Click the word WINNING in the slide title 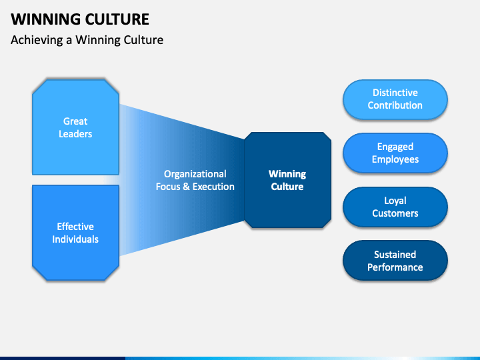pyautogui.click(x=45, y=19)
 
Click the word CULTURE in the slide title pyautogui.click(x=117, y=19)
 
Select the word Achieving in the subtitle pyautogui.click(x=37, y=40)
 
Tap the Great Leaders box pyautogui.click(x=75, y=127)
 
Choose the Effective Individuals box pyautogui.click(x=75, y=233)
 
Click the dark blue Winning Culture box pyautogui.click(x=287, y=180)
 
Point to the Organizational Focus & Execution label pyautogui.click(x=195, y=180)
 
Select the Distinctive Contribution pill pyautogui.click(x=395, y=99)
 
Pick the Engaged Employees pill pyautogui.click(x=395, y=153)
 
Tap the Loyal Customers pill pyautogui.click(x=395, y=207)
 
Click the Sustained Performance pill pyautogui.click(x=395, y=261)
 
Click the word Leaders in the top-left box pyautogui.click(x=75, y=134)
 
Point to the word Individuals pyautogui.click(x=75, y=239)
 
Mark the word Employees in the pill pyautogui.click(x=395, y=160)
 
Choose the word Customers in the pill pyautogui.click(x=395, y=213)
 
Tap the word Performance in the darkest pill pyautogui.click(x=395, y=267)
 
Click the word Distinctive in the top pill pyautogui.click(x=395, y=93)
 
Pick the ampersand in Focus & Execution pyautogui.click(x=186, y=187)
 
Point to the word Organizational pyautogui.click(x=195, y=175)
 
